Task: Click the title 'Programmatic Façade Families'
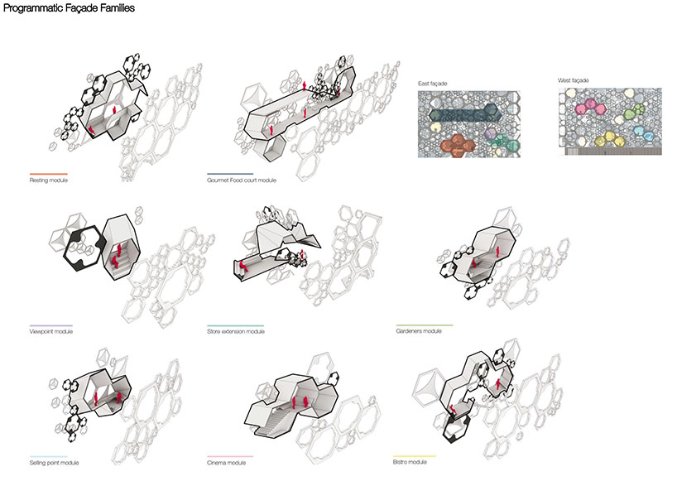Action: tap(68, 8)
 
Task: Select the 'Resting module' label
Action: tap(48, 180)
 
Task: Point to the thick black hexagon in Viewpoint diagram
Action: tap(83, 246)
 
